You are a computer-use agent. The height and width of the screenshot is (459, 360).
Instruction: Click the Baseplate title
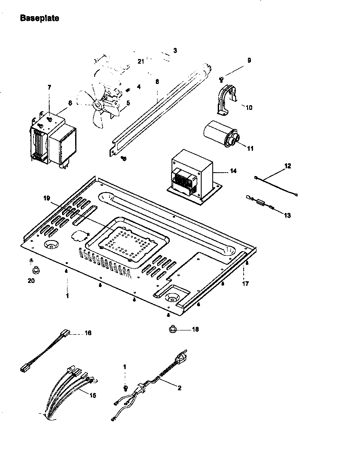tap(39, 18)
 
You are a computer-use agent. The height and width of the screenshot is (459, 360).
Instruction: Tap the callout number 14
tap(233, 171)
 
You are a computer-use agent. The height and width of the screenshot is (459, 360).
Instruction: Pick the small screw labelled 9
tap(222, 78)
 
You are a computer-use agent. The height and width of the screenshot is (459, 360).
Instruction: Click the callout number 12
tap(288, 166)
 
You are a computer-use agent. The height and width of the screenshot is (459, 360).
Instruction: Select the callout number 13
tap(287, 216)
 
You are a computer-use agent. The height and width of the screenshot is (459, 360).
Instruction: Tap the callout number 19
tap(47, 198)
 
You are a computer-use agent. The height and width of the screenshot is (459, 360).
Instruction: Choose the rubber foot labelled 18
tap(173, 329)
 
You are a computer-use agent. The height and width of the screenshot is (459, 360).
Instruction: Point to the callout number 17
tap(245, 284)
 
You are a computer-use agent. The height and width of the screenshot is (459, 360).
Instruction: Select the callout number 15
tap(93, 395)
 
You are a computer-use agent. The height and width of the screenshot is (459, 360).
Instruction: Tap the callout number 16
tap(88, 333)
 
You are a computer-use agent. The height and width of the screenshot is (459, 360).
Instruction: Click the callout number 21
tap(141, 61)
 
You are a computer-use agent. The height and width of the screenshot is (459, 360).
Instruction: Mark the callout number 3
tap(175, 50)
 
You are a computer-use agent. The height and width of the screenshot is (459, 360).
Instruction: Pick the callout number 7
tap(49, 87)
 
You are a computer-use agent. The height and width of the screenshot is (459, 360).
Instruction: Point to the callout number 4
tap(138, 87)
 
